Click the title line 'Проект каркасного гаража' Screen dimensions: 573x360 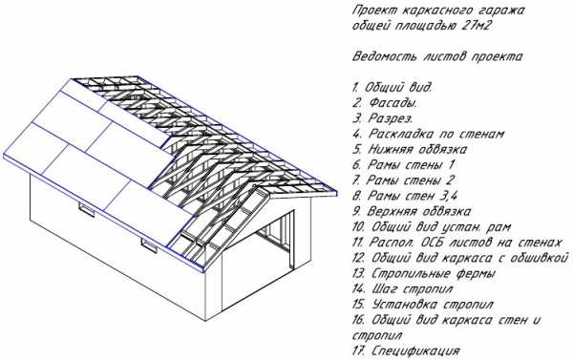(438, 11)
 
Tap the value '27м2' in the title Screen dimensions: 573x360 (477, 27)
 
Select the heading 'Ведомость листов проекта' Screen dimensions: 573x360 (437, 57)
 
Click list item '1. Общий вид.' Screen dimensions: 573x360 (393, 88)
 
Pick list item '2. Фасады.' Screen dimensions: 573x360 (385, 103)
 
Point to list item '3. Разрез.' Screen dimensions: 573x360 (383, 118)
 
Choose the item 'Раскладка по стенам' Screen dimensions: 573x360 (436, 134)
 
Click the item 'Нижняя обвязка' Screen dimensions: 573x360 (417, 150)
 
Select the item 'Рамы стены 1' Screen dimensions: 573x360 (411, 165)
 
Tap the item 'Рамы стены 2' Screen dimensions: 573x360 (411, 180)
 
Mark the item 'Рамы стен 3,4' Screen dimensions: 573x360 (413, 196)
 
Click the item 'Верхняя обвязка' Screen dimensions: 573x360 (419, 212)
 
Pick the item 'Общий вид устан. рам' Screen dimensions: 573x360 (441, 227)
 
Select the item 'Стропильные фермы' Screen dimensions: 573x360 (434, 273)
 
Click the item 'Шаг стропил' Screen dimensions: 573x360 (413, 289)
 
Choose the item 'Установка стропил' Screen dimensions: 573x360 (433, 305)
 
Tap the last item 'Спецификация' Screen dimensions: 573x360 (415, 351)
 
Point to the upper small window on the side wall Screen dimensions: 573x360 (87, 210)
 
